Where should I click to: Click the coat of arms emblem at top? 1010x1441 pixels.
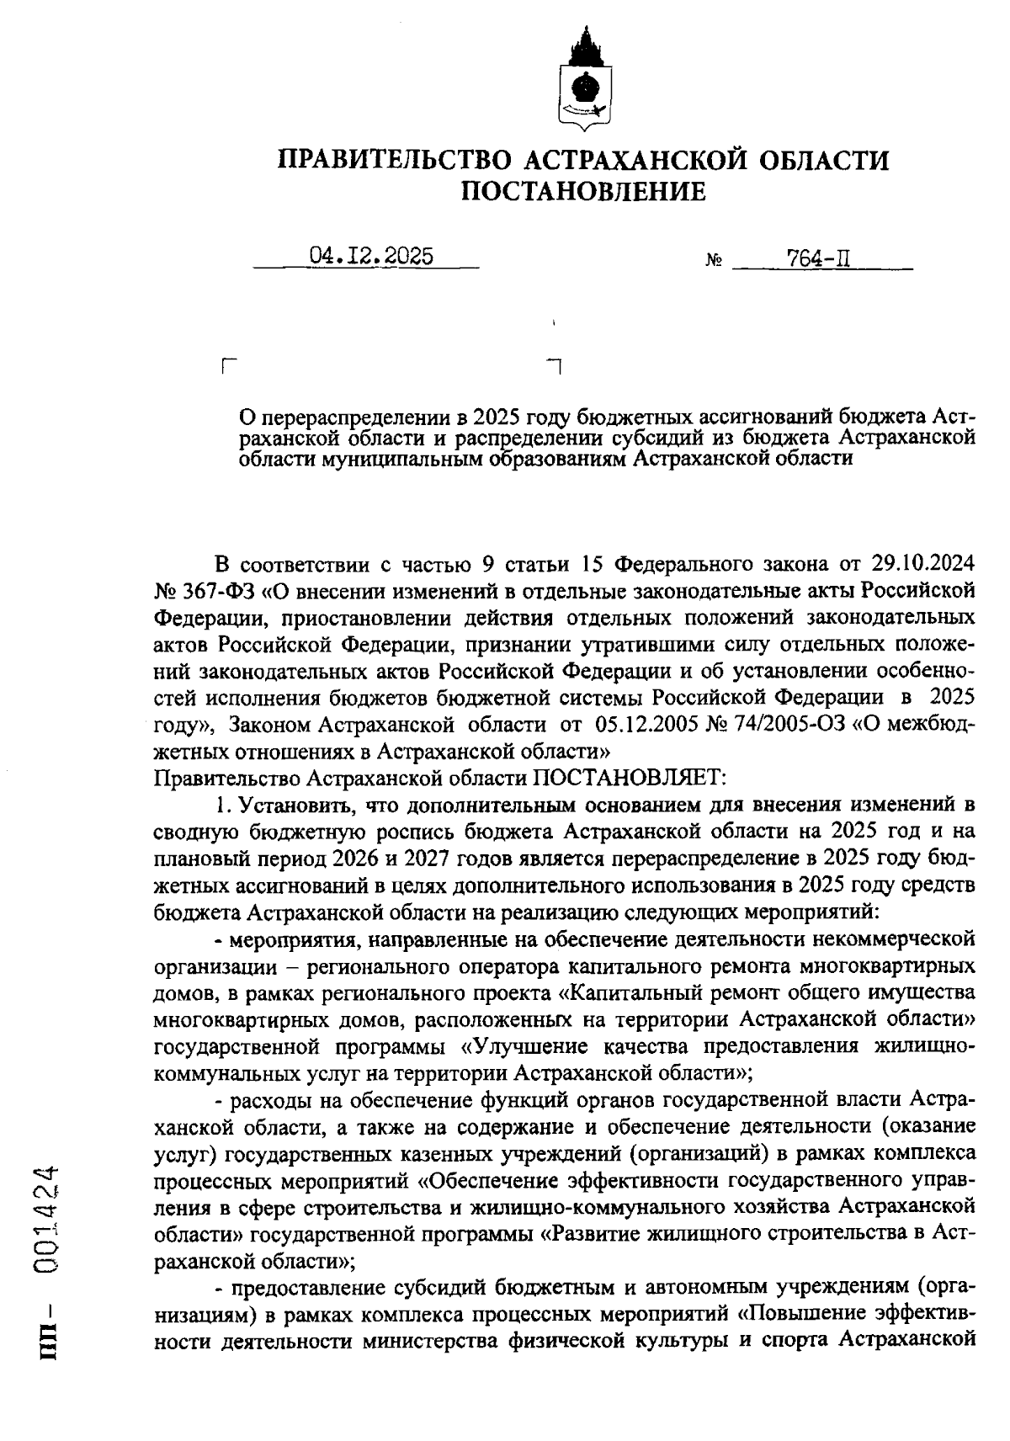pos(583,80)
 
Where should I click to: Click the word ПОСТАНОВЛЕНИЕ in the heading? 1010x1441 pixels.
pos(583,192)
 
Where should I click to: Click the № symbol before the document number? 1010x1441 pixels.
pos(713,262)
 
